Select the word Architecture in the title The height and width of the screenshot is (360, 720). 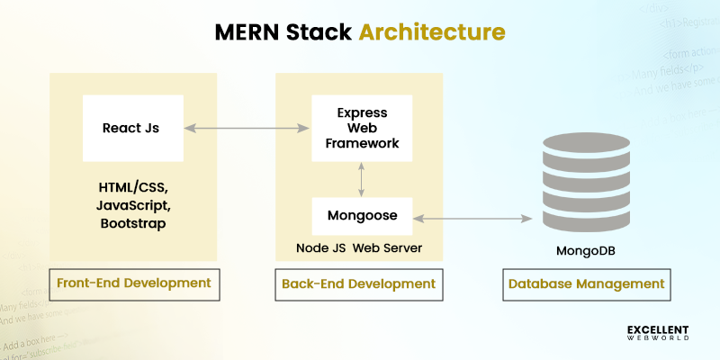click(x=432, y=32)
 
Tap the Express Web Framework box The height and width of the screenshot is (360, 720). click(x=361, y=129)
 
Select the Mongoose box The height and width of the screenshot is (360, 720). click(x=361, y=216)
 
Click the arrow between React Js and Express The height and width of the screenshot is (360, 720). click(x=247, y=129)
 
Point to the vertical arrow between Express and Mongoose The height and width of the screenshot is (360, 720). click(x=361, y=180)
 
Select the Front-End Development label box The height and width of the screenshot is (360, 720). click(x=133, y=283)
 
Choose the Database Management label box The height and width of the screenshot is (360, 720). click(x=586, y=283)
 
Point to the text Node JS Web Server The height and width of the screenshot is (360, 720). click(x=360, y=247)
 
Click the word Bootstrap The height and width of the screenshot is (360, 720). click(x=133, y=223)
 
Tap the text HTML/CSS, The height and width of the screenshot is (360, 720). click(x=133, y=188)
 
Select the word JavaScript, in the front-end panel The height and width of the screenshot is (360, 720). click(x=133, y=205)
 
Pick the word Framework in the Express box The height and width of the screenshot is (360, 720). click(x=361, y=144)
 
